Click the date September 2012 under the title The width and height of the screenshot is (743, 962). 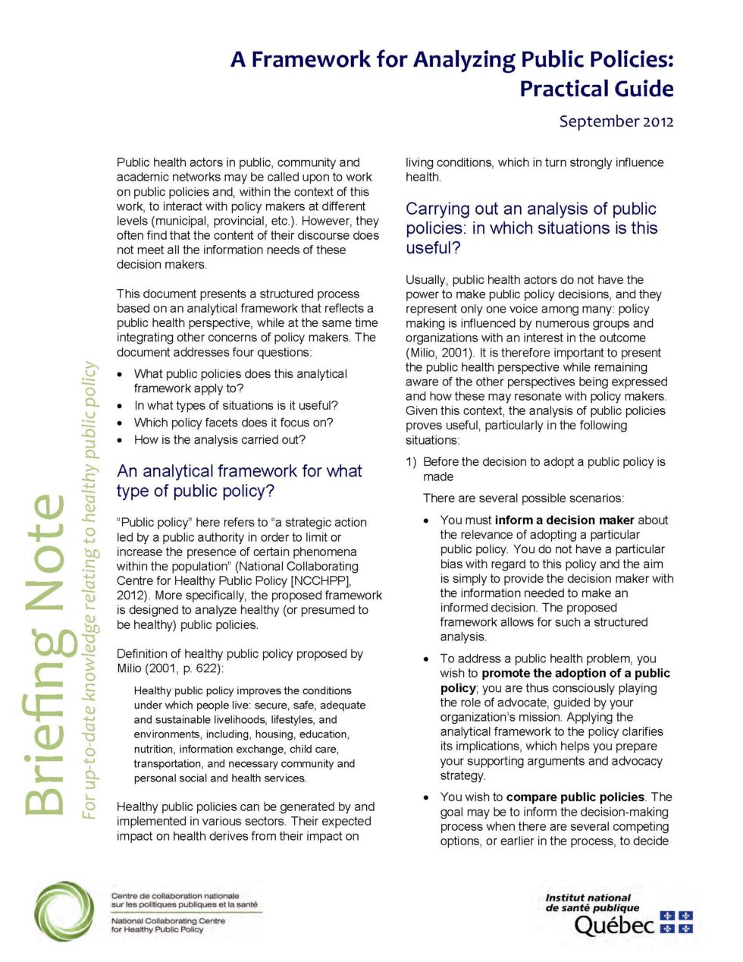(616, 121)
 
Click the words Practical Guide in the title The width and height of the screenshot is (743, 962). (596, 89)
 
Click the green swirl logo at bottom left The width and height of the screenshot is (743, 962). (64, 911)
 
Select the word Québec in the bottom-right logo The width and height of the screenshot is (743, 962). (614, 925)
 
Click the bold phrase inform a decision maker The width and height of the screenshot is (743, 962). (564, 520)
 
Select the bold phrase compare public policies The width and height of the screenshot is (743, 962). (575, 797)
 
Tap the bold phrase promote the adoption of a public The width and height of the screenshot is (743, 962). (575, 674)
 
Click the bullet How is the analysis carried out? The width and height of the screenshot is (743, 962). (219, 440)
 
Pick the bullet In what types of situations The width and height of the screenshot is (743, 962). (236, 406)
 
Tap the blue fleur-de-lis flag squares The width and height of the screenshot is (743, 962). (676, 922)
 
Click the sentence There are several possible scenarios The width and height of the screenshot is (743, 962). (523, 498)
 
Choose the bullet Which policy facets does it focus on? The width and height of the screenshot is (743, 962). (234, 423)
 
